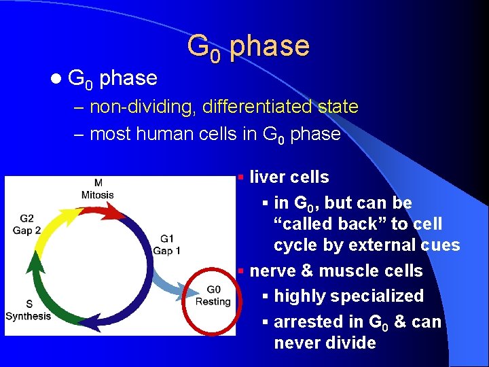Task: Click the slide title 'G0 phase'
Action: coord(248,46)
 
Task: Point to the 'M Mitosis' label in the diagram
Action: coord(98,189)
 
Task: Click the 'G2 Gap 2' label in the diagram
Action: coord(26,224)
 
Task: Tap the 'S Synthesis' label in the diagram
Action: coord(28,310)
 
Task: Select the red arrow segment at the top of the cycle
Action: coord(102,211)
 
